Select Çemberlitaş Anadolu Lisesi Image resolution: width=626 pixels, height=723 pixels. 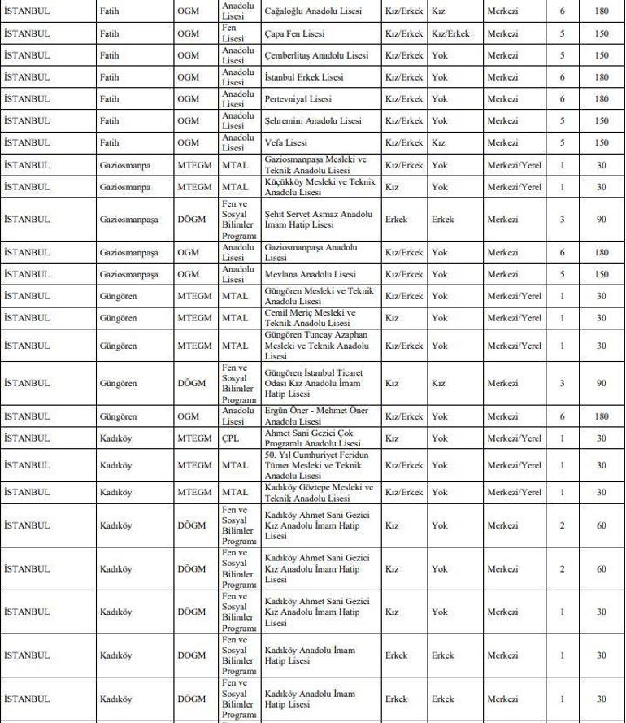[316, 55]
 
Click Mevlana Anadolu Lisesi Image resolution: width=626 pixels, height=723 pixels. [311, 274]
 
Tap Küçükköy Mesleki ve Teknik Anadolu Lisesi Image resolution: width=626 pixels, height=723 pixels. [320, 186]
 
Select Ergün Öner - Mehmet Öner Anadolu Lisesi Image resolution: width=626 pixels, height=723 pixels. [316, 416]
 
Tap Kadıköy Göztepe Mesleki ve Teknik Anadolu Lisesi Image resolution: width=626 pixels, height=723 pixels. [319, 492]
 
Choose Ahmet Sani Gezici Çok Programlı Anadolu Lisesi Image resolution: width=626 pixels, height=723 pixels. [313, 438]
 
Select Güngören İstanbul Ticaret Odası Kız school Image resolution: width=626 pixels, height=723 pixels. [314, 383]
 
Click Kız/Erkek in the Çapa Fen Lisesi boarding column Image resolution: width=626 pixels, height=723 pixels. [450, 34]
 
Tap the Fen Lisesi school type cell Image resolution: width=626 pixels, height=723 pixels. [233, 34]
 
